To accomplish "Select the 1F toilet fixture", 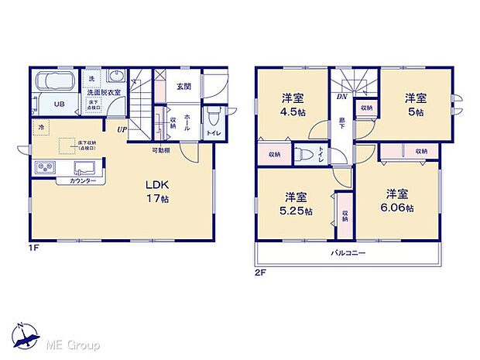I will (x=213, y=118).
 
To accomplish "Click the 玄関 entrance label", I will (x=183, y=87).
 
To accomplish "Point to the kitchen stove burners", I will (x=43, y=169).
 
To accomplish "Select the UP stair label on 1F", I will (x=121, y=129).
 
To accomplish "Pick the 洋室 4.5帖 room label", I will (x=291, y=105).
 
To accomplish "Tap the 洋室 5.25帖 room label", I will (x=297, y=203).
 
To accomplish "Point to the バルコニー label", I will (x=349, y=253).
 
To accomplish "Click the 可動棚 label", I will (x=160, y=150).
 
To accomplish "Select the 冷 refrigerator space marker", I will (x=39, y=126).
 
